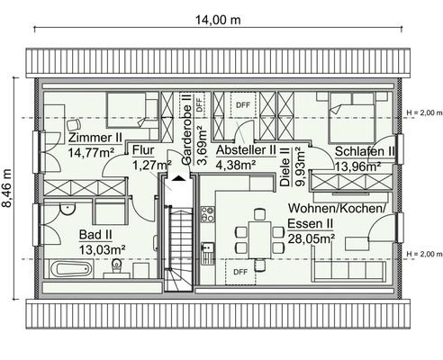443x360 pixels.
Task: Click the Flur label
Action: click(146, 151)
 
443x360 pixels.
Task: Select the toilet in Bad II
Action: click(118, 265)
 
